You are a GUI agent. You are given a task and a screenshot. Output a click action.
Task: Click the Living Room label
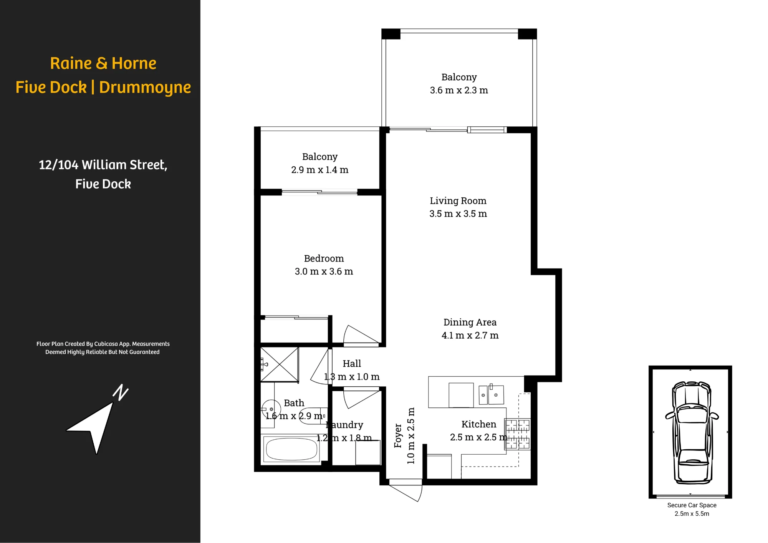point(458,201)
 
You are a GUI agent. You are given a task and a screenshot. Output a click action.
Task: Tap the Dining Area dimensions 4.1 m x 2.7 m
point(470,335)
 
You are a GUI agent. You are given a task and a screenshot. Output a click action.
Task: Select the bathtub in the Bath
point(291,449)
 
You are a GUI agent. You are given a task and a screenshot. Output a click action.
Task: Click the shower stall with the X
point(280,365)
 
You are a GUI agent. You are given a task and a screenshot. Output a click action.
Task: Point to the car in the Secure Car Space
point(692,432)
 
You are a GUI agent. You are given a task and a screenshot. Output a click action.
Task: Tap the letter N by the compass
point(121,392)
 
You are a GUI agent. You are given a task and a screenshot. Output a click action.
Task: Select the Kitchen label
point(479,424)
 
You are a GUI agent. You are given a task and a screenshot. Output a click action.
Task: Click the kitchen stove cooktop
point(518,434)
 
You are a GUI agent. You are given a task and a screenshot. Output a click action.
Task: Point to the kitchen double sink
point(492,395)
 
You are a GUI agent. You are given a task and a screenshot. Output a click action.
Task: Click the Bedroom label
point(324,258)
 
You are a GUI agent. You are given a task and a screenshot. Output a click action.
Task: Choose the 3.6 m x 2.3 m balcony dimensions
point(459,90)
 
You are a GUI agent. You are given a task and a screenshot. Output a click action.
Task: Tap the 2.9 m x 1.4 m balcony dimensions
point(319,170)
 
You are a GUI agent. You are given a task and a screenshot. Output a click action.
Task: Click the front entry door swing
point(406,491)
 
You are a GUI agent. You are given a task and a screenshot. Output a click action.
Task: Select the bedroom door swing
point(361,335)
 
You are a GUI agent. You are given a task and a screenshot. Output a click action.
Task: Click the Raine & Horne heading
point(103,63)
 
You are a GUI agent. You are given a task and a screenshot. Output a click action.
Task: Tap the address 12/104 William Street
point(103,165)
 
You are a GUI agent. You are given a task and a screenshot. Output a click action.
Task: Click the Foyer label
point(398,436)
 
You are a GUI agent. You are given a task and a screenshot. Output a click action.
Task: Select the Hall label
point(352,364)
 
